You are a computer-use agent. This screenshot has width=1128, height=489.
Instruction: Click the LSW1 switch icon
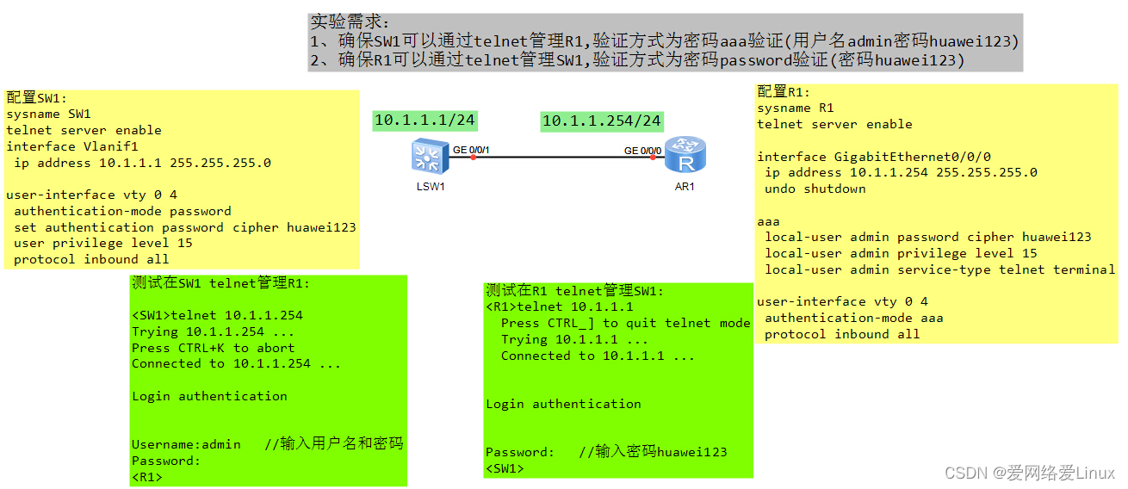click(x=425, y=156)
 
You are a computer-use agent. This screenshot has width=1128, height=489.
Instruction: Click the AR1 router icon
click(x=686, y=155)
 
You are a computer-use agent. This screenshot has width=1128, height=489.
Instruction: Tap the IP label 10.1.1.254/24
click(x=601, y=121)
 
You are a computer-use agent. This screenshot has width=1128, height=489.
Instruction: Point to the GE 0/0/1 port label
click(x=471, y=151)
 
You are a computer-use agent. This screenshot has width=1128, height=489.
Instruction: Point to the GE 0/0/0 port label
click(x=642, y=151)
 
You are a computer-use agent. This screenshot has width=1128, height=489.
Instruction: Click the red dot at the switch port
click(x=473, y=158)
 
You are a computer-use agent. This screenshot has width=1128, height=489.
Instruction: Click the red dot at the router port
click(x=654, y=158)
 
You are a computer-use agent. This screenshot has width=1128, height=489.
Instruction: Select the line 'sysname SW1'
click(x=48, y=114)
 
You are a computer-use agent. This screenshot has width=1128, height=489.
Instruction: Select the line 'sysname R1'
click(x=796, y=108)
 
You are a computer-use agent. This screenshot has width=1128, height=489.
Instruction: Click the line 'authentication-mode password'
click(x=122, y=211)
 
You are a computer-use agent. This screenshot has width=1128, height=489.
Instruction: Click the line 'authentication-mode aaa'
click(x=853, y=318)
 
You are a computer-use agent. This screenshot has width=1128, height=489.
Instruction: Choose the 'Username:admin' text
click(x=186, y=445)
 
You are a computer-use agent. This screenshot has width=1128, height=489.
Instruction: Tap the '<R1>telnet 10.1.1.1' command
click(x=560, y=307)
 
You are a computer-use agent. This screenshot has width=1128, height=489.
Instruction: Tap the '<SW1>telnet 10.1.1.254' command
click(x=217, y=316)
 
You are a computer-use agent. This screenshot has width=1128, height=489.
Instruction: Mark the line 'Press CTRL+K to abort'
click(x=213, y=348)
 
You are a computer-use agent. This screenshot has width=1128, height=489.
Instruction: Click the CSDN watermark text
click(x=1029, y=473)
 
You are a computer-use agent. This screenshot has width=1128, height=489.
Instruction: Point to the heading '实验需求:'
click(x=350, y=22)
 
